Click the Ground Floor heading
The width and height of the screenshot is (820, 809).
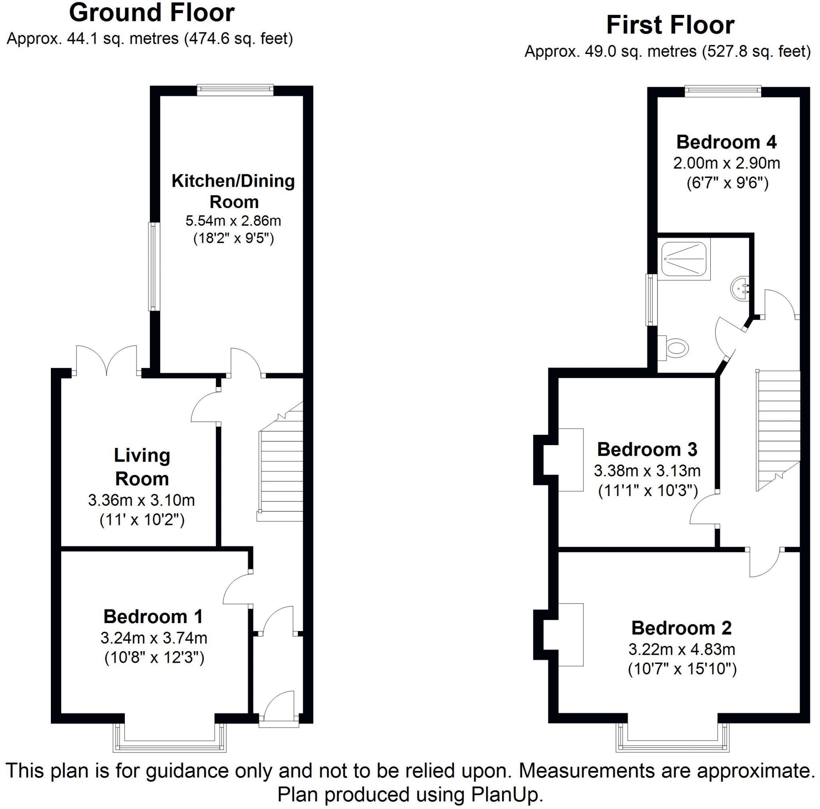(x=151, y=13)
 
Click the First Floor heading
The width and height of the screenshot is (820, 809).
(x=670, y=26)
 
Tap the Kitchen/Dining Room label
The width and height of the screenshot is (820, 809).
(x=233, y=191)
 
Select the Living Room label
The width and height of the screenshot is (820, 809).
(x=142, y=467)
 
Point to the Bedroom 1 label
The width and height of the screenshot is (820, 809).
(x=153, y=616)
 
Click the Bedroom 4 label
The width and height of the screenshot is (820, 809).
(x=726, y=142)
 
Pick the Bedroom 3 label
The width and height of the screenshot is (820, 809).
(x=647, y=449)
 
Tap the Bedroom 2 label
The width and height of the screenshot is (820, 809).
(x=681, y=627)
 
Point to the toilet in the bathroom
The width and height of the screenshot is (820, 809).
(x=674, y=348)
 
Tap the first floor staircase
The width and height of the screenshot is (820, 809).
(x=778, y=429)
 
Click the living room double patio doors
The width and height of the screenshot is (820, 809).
(x=107, y=361)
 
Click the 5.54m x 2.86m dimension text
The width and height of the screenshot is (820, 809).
(x=233, y=221)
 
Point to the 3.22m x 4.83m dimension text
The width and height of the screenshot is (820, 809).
(x=681, y=649)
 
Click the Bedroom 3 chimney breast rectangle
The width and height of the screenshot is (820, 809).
(x=570, y=460)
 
